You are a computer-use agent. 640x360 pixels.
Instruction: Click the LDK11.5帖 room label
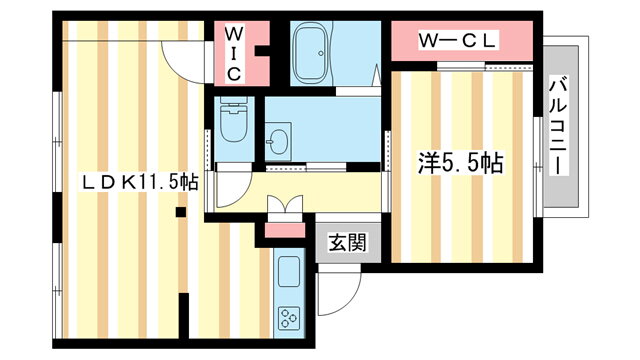140,183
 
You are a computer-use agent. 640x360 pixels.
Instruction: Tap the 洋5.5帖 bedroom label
460,164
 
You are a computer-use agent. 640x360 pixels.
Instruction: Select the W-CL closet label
457,40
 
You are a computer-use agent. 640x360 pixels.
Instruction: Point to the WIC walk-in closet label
233,54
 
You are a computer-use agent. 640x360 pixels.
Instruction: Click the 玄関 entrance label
348,242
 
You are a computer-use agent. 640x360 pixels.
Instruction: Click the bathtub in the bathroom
312,53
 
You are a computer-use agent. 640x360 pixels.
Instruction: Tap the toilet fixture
234,120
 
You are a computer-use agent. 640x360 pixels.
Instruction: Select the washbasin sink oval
279,142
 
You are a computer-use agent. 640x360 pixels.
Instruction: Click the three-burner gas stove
289,318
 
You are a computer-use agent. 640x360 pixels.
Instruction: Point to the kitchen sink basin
289,271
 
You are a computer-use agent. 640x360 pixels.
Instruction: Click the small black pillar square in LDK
181,212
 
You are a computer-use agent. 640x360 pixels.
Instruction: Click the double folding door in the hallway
285,204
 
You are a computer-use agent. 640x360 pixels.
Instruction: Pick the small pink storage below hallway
285,230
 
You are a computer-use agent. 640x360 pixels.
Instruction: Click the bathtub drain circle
321,53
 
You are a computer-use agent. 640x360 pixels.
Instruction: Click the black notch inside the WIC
262,51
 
